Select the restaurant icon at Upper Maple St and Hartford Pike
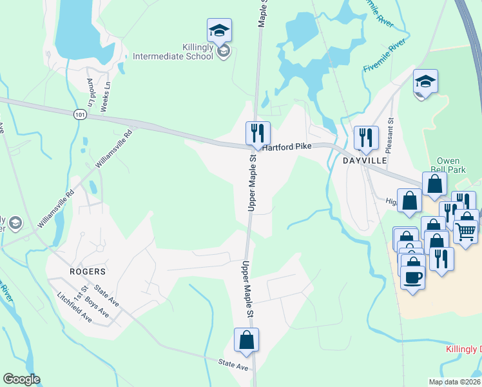[x=258, y=133]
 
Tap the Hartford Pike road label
[x=287, y=147]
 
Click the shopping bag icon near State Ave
[x=246, y=339]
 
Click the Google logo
[x=21, y=379]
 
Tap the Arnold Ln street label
[x=90, y=94]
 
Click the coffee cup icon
[x=412, y=277]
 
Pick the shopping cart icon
[x=465, y=230]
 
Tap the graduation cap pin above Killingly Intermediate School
[x=219, y=30]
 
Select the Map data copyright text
[x=454, y=382]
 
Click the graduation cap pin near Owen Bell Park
[x=425, y=81]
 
